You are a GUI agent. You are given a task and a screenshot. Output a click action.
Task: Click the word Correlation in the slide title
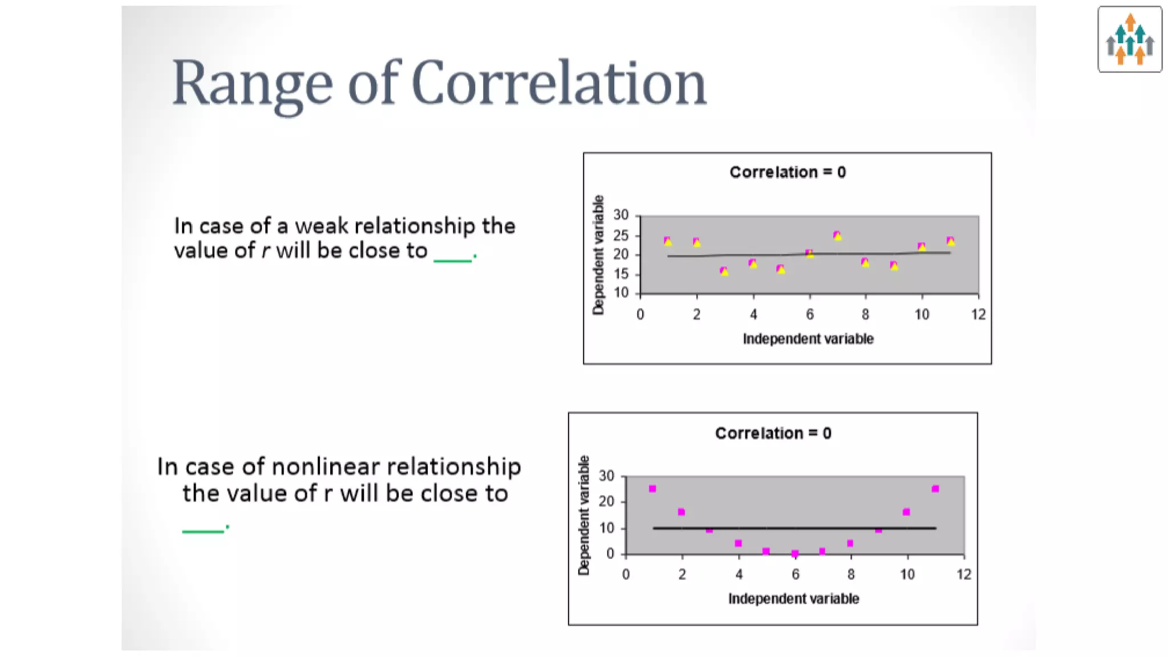point(558,83)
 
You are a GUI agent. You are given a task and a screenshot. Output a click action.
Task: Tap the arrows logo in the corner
point(1129,39)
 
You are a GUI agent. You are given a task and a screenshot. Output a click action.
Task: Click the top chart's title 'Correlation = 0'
point(787,172)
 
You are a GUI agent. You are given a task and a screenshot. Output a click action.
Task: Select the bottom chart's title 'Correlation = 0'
point(773,433)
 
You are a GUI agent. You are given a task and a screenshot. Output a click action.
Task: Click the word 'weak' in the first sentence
point(321,226)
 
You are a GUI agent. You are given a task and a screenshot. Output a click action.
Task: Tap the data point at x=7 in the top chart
point(837,236)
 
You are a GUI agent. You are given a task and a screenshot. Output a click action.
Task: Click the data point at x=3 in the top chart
point(724,271)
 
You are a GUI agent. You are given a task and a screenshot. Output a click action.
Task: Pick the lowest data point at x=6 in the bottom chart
point(795,553)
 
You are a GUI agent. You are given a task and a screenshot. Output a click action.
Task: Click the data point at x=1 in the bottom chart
point(652,489)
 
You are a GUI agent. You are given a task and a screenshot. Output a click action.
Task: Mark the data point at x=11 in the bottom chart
point(935,489)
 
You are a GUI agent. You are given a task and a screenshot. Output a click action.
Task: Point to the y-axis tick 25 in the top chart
point(620,236)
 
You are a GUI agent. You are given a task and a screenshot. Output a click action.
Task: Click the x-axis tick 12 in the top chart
point(978,314)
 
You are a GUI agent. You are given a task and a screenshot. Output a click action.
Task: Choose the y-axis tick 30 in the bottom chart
point(606,476)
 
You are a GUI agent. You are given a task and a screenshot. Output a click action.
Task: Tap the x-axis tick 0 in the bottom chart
point(626,575)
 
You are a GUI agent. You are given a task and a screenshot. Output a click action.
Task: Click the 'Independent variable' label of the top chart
point(808,339)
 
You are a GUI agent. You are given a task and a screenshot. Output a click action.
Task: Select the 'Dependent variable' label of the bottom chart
point(583,515)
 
